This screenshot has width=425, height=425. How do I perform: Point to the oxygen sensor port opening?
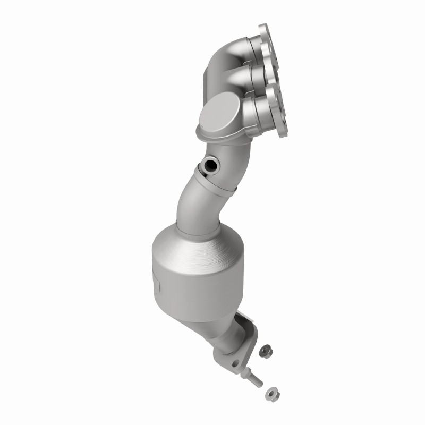click(211, 165)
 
